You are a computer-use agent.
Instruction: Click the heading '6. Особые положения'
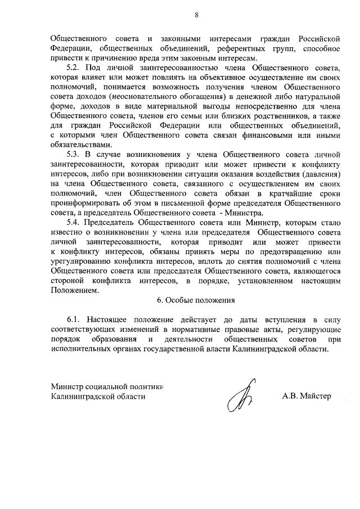point(196,300)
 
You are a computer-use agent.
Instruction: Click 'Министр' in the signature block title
point(66,386)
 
